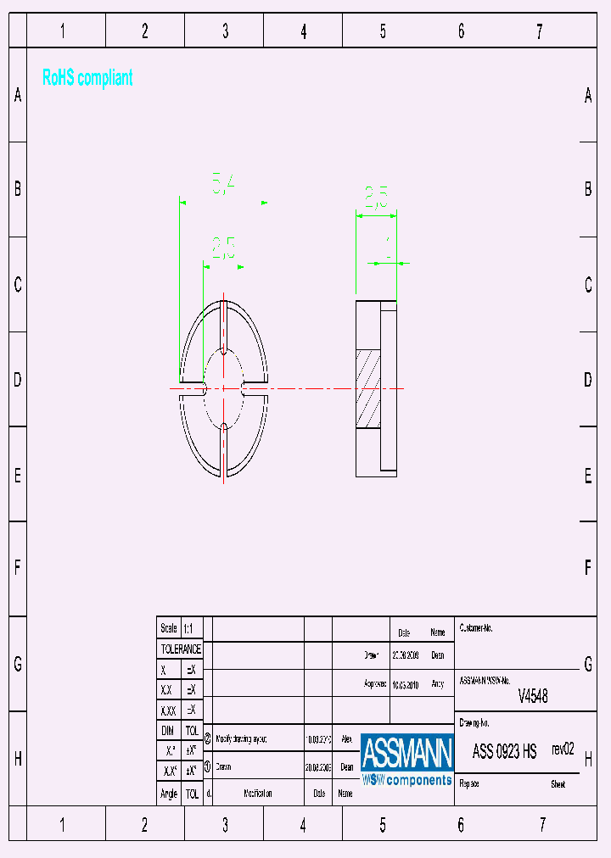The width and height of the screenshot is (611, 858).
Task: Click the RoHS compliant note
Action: coord(87,78)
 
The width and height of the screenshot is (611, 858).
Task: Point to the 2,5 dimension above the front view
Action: coord(223,248)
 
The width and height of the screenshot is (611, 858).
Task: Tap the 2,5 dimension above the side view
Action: coord(376,198)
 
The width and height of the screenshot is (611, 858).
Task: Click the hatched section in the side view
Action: coord(368,389)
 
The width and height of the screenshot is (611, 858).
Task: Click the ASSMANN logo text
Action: coord(406,752)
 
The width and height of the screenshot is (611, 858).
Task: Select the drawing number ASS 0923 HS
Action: coord(504,751)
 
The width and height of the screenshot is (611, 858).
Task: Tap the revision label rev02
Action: coord(563,749)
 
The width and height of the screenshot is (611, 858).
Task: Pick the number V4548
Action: coord(533,696)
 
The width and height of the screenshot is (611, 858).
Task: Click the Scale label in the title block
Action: coord(169,628)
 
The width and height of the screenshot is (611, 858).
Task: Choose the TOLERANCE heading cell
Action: coord(181,649)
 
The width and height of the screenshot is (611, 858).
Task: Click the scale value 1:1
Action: coord(188,628)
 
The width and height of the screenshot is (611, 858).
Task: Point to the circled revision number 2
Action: coord(208,738)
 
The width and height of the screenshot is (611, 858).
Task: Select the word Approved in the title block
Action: coord(375,683)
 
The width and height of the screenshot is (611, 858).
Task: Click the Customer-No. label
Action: coord(476,628)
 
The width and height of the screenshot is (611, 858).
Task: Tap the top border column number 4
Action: coord(304,32)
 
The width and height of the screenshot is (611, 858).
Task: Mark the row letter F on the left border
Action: coord(17,568)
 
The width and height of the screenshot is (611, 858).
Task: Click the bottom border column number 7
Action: coord(540,824)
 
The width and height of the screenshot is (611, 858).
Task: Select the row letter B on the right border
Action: coord(588,189)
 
